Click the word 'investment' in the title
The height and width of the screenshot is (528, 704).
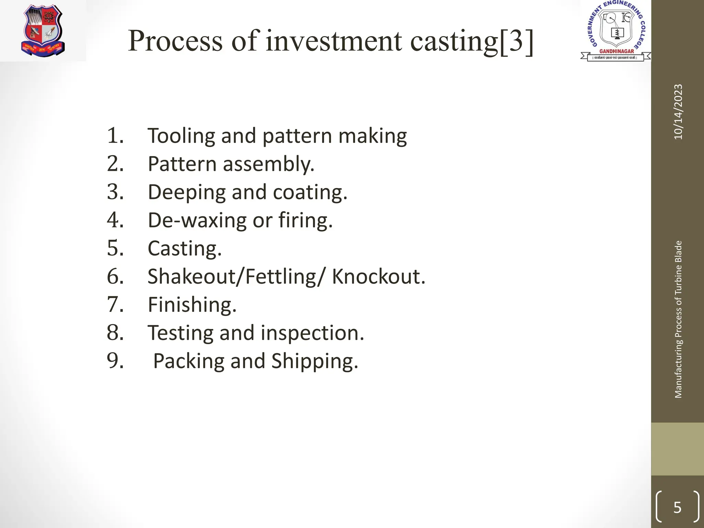point(333,41)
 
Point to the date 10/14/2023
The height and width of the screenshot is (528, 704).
point(678,112)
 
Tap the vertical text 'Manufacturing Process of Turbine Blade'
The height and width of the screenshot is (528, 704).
point(678,319)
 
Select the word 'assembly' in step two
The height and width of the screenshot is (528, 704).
point(268,164)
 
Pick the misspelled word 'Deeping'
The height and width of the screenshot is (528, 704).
point(187,192)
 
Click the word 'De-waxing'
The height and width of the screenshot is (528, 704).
point(197,220)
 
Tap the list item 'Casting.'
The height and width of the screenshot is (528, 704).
point(185,249)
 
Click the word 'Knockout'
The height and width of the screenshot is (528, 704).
point(378,276)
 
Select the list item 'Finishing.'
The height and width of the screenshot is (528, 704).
point(192,305)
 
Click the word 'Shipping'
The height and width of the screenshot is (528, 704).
point(314,361)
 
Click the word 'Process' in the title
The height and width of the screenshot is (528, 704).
point(175,41)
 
